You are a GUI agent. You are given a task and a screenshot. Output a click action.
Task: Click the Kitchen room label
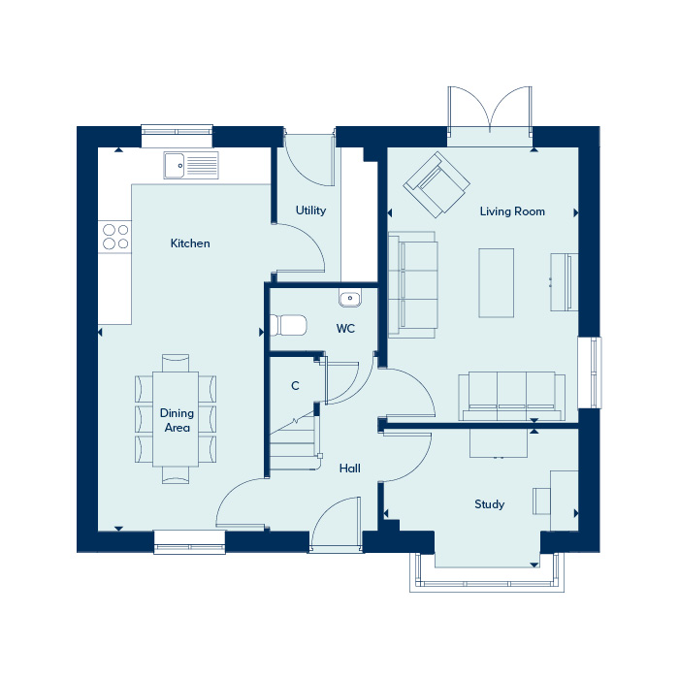tap(190, 243)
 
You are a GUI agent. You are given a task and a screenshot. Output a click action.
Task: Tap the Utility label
tap(310, 210)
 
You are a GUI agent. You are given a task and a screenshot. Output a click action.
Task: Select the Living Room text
tap(512, 211)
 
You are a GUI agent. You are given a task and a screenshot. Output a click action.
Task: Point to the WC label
tap(345, 329)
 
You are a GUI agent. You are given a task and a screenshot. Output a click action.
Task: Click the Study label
tap(489, 504)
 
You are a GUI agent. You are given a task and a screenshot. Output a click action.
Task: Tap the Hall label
tap(350, 469)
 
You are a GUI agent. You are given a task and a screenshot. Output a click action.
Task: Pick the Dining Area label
tap(177, 420)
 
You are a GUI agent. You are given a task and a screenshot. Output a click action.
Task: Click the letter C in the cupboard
tap(295, 386)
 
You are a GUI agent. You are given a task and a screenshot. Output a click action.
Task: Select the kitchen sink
tap(191, 165)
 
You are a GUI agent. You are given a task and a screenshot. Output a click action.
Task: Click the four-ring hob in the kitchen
tap(115, 237)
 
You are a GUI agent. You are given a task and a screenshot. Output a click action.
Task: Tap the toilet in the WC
tap(288, 325)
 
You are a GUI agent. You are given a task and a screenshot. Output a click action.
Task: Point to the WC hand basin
tap(350, 299)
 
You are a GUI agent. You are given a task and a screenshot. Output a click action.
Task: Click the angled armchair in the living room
tap(436, 184)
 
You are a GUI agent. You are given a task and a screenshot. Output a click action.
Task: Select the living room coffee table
tap(497, 283)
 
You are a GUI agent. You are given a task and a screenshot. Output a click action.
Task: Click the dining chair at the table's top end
tap(176, 363)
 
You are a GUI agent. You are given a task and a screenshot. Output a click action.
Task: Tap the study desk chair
tap(541, 501)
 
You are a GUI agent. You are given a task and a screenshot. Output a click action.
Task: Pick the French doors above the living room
tap(490, 111)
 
